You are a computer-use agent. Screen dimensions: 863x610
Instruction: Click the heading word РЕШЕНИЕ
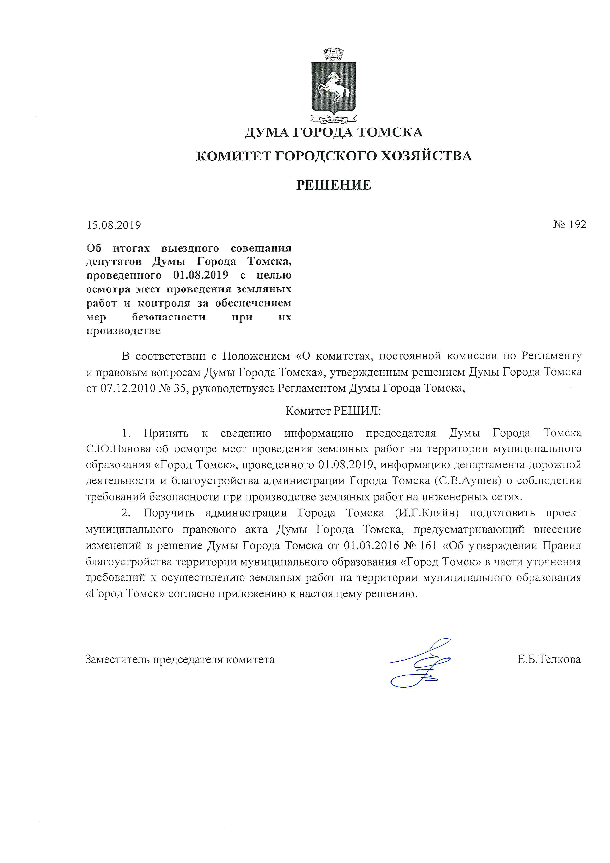tap(333, 185)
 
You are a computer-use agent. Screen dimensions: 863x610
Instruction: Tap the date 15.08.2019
tap(114, 225)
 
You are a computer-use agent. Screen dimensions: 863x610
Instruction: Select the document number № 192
tap(570, 224)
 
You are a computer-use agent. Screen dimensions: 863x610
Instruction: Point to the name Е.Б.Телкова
tap(549, 659)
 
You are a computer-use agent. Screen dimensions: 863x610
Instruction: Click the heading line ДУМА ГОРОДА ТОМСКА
tap(333, 132)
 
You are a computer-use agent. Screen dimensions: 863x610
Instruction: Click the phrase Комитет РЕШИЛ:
tap(333, 410)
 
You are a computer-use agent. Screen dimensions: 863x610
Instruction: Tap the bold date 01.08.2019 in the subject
tap(201, 275)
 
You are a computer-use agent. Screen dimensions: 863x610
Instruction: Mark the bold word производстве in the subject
tap(123, 331)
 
